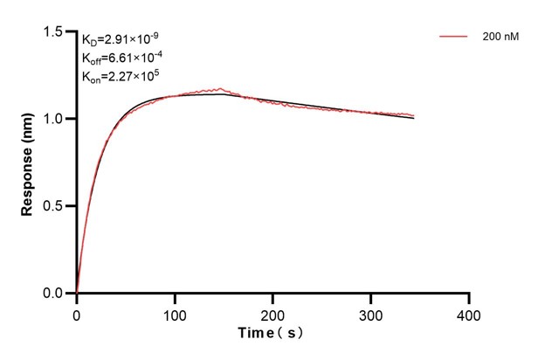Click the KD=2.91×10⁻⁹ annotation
[121, 39]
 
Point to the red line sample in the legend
[453, 37]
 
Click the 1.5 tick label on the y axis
[58, 32]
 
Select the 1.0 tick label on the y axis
[58, 119]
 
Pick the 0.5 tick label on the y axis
[58, 206]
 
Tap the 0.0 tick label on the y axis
[58, 294]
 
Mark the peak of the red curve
[221, 88]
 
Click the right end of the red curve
[414, 115]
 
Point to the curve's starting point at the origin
[77, 293]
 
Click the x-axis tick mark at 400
[470, 298]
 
